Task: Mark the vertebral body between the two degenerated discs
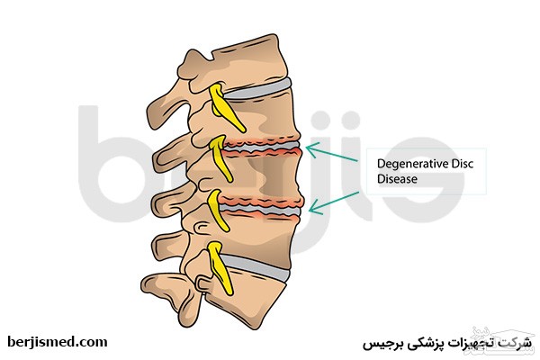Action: pyautogui.click(x=261, y=175)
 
